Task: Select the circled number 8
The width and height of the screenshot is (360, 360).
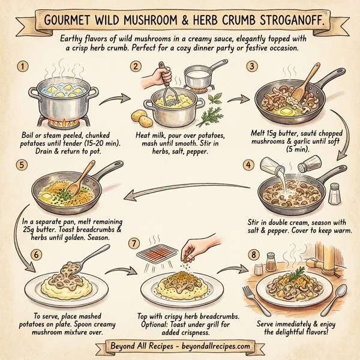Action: coord(256,254)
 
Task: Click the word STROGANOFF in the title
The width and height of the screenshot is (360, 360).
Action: coord(289,19)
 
